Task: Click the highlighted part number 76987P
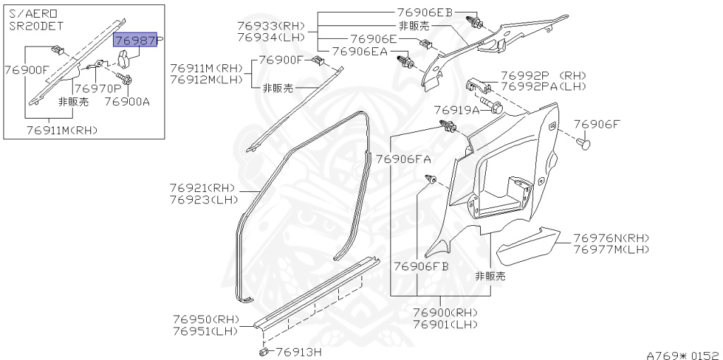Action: click(x=136, y=42)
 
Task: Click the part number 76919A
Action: click(x=456, y=110)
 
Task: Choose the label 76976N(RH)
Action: click(x=611, y=238)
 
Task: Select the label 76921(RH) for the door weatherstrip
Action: click(x=202, y=188)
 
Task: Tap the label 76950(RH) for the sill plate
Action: click(x=205, y=319)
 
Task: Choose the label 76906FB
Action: click(x=422, y=266)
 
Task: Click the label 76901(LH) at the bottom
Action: click(x=445, y=325)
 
